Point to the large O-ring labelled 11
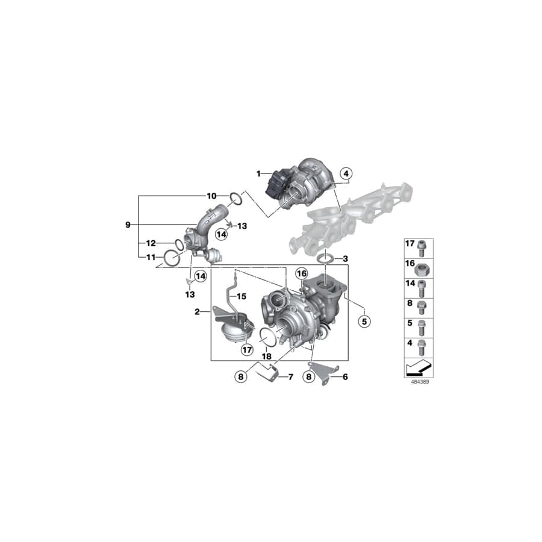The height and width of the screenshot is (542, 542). tap(172, 258)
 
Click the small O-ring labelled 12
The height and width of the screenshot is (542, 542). tap(179, 244)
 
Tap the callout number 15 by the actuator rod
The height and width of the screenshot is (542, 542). tap(241, 296)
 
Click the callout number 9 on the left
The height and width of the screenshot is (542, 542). tap(128, 225)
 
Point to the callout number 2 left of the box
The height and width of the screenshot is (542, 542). tap(197, 312)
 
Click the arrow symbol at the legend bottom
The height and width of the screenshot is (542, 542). tap(418, 367)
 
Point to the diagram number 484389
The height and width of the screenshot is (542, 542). tap(419, 382)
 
